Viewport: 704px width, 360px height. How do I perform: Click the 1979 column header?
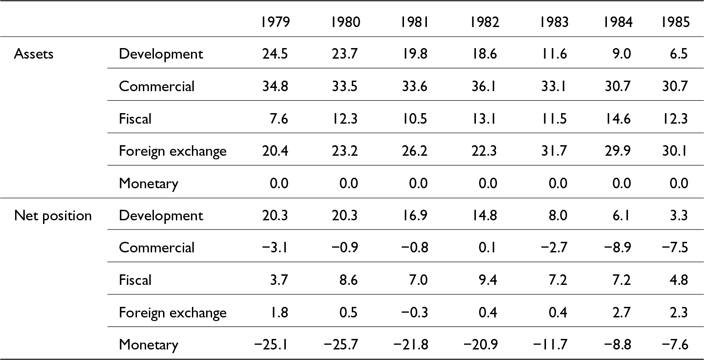[275, 22]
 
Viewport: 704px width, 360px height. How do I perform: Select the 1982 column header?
[484, 22]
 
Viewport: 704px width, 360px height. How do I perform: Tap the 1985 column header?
[676, 22]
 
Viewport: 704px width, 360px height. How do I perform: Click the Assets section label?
[33, 54]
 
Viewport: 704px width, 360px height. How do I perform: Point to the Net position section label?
[53, 216]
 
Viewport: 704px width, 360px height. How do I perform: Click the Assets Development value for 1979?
[275, 54]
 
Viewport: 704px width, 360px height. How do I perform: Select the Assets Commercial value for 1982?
[484, 86]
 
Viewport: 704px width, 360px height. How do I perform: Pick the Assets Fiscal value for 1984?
[617, 119]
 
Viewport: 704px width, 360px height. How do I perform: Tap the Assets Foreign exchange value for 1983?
[554, 151]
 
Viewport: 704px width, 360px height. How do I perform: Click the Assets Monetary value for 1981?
[418, 183]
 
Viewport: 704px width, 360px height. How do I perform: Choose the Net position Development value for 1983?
[558, 216]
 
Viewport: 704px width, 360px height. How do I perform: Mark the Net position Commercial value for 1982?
[487, 247]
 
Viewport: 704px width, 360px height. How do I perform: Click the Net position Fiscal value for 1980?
[349, 280]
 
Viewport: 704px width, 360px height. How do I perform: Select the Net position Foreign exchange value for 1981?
[414, 312]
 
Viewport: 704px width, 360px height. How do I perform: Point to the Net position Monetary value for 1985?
[675, 344]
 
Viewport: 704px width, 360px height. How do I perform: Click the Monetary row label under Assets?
[149, 184]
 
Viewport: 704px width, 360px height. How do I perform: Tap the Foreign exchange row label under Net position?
[173, 313]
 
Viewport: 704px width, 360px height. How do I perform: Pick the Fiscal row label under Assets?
[135, 119]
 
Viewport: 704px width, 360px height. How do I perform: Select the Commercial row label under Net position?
[157, 247]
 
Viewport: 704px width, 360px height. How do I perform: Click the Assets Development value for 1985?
[679, 54]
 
